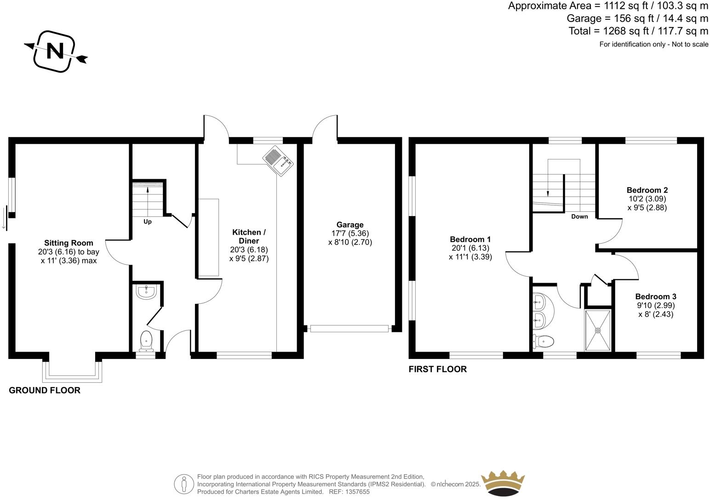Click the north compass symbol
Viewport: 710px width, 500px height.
pos(55,51)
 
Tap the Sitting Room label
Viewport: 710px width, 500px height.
pos(69,243)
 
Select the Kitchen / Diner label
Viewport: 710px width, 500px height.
pos(249,236)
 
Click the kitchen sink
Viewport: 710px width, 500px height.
pos(278,161)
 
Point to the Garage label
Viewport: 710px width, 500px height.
pos(350,225)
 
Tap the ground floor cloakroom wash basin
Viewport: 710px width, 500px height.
pos(147,292)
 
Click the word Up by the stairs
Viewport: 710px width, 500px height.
pos(147,222)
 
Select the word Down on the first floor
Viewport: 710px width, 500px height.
pos(579,216)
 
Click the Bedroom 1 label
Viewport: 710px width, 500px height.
pos(470,239)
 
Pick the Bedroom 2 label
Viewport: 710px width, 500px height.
pos(647,190)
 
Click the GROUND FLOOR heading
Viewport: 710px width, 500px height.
pos(45,390)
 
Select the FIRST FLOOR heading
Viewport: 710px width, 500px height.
pos(437,369)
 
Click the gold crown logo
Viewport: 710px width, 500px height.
pos(503,483)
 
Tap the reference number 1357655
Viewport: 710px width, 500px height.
pos(358,492)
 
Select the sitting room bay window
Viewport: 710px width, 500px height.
pos(72,372)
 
